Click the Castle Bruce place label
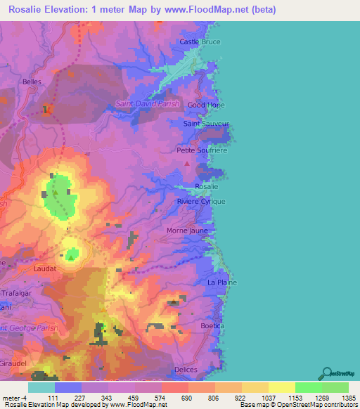(200, 41)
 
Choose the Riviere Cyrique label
(201, 201)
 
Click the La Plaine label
(221, 283)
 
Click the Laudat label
(44, 268)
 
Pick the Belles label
(32, 82)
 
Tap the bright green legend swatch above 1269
(308, 387)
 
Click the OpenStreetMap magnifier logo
(327, 373)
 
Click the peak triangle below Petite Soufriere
(186, 163)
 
